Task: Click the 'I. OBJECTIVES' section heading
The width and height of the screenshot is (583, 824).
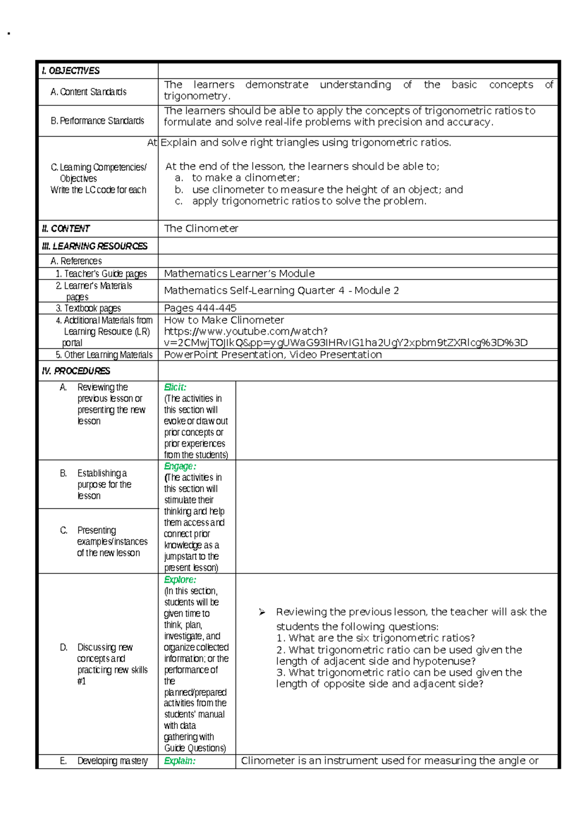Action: pyautogui.click(x=70, y=71)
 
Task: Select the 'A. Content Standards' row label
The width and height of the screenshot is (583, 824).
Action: pyautogui.click(x=88, y=92)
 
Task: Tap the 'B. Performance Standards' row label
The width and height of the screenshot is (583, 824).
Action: pyautogui.click(x=97, y=120)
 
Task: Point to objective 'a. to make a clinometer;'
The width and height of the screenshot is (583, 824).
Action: pyautogui.click(x=238, y=178)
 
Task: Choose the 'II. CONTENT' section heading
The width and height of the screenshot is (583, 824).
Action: pyautogui.click(x=66, y=228)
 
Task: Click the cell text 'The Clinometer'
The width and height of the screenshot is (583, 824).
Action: pyautogui.click(x=201, y=228)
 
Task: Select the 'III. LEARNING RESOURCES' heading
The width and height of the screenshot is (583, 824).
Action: pyautogui.click(x=95, y=246)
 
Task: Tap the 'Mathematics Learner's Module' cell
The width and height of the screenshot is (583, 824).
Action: pyautogui.click(x=239, y=274)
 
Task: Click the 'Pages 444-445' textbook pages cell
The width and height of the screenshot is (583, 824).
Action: pyautogui.click(x=200, y=308)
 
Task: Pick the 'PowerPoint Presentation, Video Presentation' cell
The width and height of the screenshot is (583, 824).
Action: pyautogui.click(x=273, y=355)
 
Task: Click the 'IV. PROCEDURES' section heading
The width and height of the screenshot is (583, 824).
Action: pyautogui.click(x=76, y=371)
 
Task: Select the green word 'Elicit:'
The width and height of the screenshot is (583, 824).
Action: pyautogui.click(x=175, y=387)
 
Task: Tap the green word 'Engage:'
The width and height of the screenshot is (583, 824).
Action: pyautogui.click(x=180, y=466)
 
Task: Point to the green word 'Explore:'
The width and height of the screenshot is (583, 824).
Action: pyautogui.click(x=180, y=580)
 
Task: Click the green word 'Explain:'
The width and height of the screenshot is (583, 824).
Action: pyautogui.click(x=180, y=761)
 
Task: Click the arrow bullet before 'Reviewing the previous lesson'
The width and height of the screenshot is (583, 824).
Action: pyautogui.click(x=262, y=612)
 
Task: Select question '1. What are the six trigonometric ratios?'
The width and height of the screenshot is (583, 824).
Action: pyautogui.click(x=376, y=638)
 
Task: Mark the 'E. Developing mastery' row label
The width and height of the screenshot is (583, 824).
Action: pyautogui.click(x=104, y=761)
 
